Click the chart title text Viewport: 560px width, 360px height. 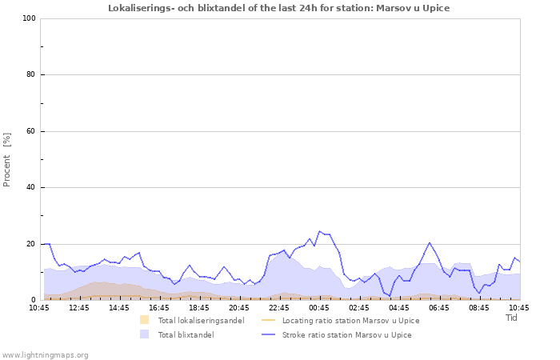pos(279,8)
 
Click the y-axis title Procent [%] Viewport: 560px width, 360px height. pos(7,159)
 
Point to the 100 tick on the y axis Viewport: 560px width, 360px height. pos(28,18)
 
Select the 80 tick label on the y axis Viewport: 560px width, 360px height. pos(30,75)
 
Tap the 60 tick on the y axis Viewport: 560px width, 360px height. pos(30,131)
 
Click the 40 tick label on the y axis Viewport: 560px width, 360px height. pos(30,188)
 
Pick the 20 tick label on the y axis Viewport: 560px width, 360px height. pos(30,244)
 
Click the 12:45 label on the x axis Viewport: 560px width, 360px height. pos(79,307)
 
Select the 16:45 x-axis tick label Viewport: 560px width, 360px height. pos(159,307)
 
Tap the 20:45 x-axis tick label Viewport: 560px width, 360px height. pos(239,307)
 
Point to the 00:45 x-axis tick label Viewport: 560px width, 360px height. pos(319,307)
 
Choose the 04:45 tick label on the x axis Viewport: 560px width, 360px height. pos(399,307)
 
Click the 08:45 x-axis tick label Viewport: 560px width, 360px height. pos(479,307)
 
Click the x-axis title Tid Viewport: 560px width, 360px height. pos(512,318)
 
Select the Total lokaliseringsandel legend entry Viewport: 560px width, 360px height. pos(200,321)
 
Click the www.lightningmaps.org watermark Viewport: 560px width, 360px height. pos(45,354)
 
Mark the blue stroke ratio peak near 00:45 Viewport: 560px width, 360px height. pos(319,231)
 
